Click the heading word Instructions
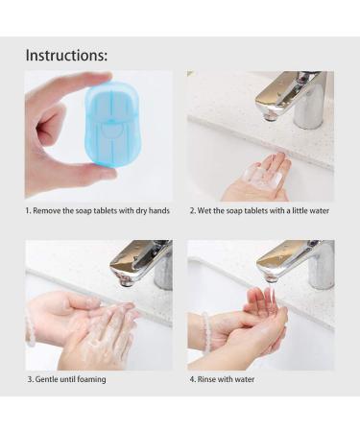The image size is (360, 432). tap(66, 55)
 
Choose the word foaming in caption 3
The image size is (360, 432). tap(91, 379)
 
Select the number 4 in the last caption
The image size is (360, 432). tap(192, 379)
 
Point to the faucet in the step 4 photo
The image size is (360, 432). tap(293, 261)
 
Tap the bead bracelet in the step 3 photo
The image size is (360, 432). tap(31, 331)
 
